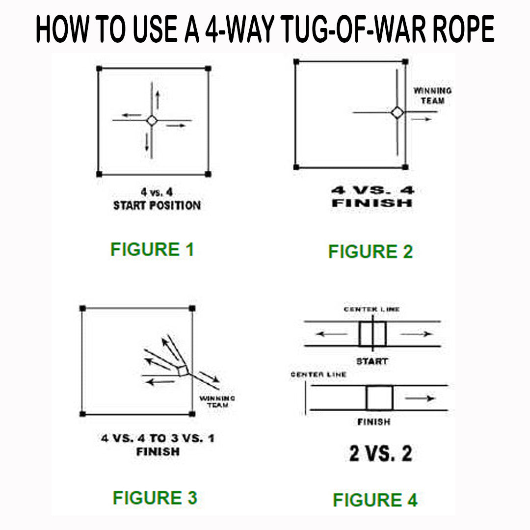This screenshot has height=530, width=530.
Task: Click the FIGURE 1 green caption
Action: coord(153,249)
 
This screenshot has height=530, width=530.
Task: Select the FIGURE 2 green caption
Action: coord(371,251)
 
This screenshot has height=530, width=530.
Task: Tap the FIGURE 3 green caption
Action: coord(155,498)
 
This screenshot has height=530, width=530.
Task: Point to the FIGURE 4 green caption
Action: coord(375,500)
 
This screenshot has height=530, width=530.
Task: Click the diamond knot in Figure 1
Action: coord(152,120)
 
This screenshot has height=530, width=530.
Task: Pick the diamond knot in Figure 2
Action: coord(397,112)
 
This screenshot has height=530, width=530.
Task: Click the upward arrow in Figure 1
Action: coord(157,100)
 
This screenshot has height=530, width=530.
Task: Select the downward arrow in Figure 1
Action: coord(147,142)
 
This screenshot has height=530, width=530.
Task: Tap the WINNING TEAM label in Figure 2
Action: coord(432,96)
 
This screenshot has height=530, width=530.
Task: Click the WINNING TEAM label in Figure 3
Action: coord(217,401)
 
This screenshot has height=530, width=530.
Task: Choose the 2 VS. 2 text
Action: coord(380,454)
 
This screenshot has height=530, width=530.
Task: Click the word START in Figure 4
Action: coord(372,361)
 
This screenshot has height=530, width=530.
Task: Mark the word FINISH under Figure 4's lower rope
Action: coord(373,422)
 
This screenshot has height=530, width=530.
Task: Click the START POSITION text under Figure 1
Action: coord(157,205)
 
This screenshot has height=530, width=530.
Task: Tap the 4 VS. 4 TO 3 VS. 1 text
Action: coord(158,438)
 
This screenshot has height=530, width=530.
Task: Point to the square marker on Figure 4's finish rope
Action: coord(379,398)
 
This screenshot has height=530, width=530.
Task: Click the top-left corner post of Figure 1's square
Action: coord(99,68)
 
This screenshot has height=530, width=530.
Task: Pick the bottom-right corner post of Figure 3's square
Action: coord(192,414)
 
